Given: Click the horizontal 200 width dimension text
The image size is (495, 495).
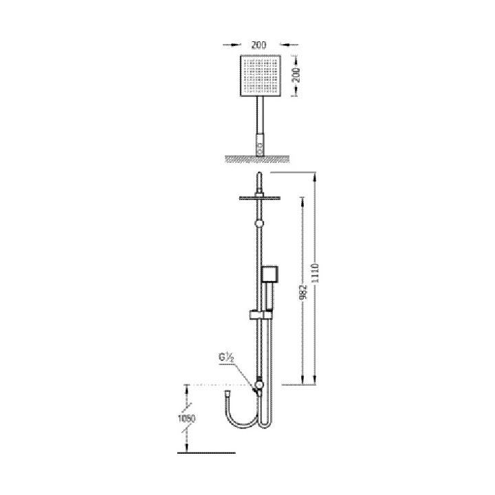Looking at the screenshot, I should pos(258,45).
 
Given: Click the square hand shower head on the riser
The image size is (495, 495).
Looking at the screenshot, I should pos(269,275).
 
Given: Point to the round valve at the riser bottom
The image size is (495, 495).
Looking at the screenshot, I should pos(258,386).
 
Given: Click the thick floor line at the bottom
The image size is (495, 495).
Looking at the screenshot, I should pos(206,452).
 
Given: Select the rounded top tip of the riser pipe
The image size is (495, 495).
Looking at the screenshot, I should pos(258,175).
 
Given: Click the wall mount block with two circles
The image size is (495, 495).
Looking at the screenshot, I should pos(260,144).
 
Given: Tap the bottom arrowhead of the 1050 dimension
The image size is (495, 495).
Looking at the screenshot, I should pos(186,434).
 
